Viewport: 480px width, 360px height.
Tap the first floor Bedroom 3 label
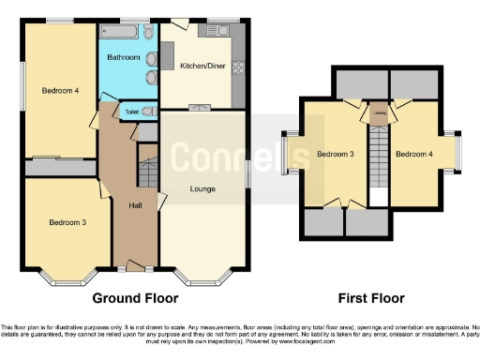pyautogui.click(x=334, y=155)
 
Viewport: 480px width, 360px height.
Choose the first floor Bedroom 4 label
pyautogui.click(x=412, y=155)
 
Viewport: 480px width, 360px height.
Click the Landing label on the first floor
pyautogui.click(x=379, y=115)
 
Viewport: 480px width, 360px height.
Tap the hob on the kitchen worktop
pyautogui.click(x=238, y=67)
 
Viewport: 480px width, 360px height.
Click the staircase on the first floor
pyautogui.click(x=379, y=155)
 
